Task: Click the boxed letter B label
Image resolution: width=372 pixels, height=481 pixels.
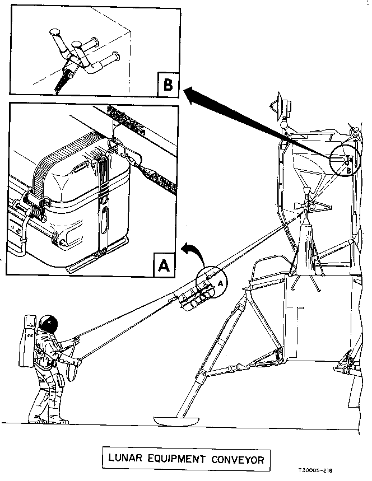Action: (167, 85)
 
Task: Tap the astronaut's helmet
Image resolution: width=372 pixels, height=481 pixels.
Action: (49, 323)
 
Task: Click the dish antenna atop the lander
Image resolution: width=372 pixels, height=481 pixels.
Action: (280, 104)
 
